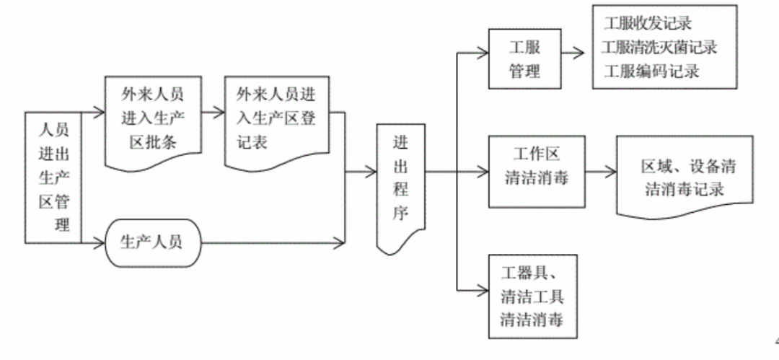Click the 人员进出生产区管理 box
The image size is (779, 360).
point(53,177)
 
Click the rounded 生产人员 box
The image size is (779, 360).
point(151,241)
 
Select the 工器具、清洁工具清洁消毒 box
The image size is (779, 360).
point(533,296)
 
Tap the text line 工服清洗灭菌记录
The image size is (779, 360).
point(659,48)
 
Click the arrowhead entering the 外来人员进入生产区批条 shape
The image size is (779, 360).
point(100,113)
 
